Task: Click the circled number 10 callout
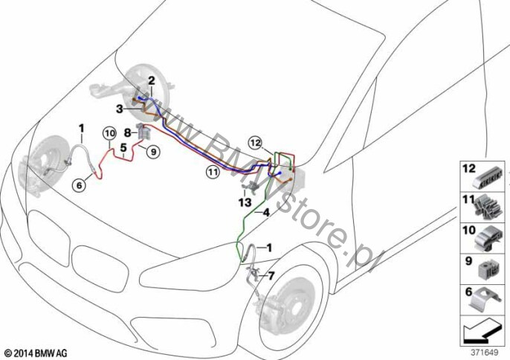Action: click(109, 133)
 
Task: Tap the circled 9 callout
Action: click(153, 152)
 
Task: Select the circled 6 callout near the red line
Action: click(80, 185)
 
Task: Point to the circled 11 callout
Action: click(213, 171)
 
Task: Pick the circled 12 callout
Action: click(256, 143)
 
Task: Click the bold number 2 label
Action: click(152, 80)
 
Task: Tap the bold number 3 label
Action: click(120, 109)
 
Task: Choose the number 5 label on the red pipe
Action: click(123, 148)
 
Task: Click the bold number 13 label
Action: click(245, 202)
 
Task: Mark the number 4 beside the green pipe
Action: click(266, 213)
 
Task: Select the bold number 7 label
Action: click(271, 276)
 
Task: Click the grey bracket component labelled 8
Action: click(143, 131)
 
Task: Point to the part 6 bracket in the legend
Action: click(484, 300)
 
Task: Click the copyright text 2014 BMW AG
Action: click(36, 353)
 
